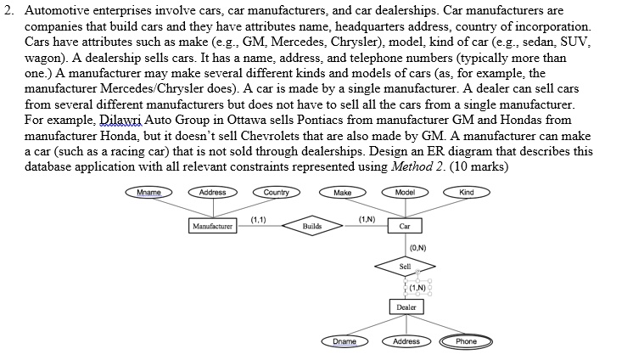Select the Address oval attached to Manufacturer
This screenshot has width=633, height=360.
(212, 193)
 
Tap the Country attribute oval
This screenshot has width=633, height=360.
(276, 193)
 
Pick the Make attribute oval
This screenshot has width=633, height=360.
(343, 193)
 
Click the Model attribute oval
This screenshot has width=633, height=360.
(405, 193)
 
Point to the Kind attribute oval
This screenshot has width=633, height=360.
(466, 193)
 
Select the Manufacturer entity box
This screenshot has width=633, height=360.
(213, 227)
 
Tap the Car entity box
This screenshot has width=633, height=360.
(405, 227)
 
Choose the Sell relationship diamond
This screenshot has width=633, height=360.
(406, 267)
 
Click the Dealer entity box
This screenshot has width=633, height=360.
(406, 307)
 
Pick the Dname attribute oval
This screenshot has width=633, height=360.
(343, 341)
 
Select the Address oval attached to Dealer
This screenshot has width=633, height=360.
(406, 341)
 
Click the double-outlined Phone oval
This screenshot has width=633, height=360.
(466, 341)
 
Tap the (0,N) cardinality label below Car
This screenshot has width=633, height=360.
(417, 247)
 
